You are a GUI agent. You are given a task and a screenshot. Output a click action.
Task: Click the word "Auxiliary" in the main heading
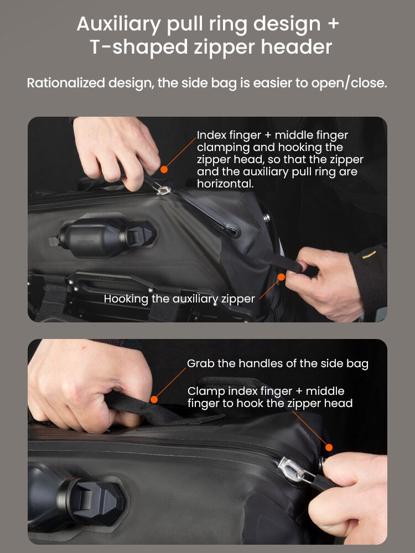[x=118, y=25]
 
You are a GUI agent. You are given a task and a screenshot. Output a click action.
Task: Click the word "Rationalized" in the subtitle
[x=66, y=83]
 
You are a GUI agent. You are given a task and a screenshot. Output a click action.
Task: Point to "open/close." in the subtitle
[x=349, y=83]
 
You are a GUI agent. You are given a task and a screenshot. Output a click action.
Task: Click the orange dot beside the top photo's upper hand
[x=164, y=169]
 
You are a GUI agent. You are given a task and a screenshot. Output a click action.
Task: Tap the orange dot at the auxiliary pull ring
[x=281, y=277]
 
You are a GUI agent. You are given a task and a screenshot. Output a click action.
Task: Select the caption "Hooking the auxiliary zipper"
[x=179, y=299]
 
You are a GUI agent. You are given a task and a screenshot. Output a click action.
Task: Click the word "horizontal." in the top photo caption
[x=225, y=184]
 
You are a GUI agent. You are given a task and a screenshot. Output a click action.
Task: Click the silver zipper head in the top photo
[x=164, y=189]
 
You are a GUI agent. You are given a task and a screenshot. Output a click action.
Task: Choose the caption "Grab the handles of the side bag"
[x=278, y=364]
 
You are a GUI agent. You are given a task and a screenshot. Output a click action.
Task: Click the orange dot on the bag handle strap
[x=154, y=400]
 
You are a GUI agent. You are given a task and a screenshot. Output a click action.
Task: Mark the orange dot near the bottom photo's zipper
[x=329, y=447]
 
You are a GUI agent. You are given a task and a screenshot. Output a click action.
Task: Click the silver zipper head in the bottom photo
[x=295, y=469]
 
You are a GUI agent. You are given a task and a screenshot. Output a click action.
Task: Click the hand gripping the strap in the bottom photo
[x=88, y=384]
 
